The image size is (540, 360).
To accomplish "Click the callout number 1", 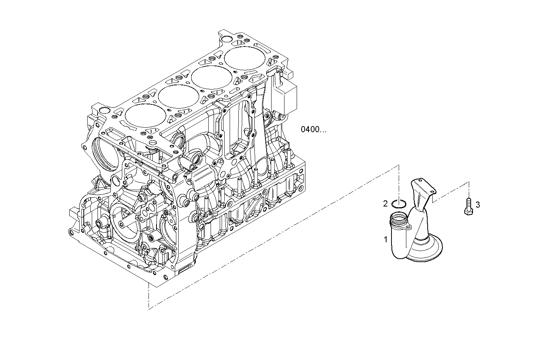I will pyautogui.click(x=385, y=240).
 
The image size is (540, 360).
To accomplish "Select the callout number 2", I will pyautogui.click(x=385, y=204).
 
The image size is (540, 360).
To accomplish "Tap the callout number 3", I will pyautogui.click(x=478, y=205).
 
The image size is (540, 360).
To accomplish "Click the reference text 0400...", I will pyautogui.click(x=313, y=130).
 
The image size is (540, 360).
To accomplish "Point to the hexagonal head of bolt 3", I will pyautogui.click(x=468, y=211).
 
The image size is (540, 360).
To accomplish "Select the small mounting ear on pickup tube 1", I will pyautogui.click(x=408, y=227).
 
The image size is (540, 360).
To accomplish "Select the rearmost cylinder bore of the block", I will pyautogui.click(x=244, y=58).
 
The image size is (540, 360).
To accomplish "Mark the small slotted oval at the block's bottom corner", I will pyautogui.click(x=183, y=270).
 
